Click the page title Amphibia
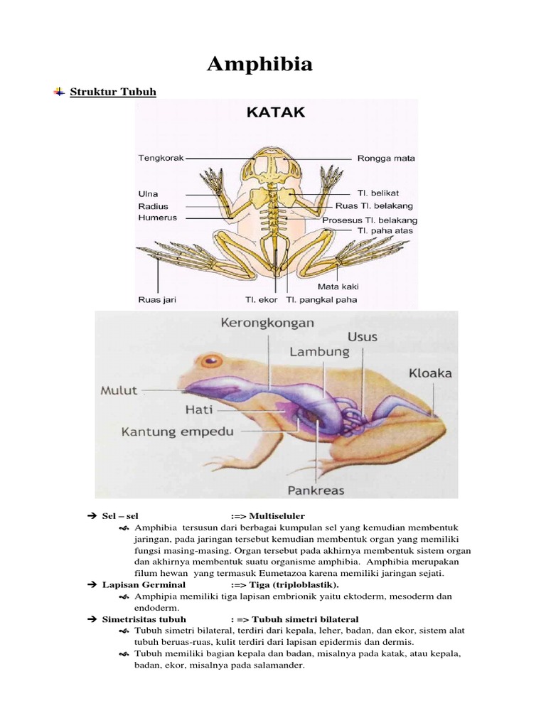259,65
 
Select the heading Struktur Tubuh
113,92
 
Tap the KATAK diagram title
275,112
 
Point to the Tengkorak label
160,159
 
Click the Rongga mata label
386,159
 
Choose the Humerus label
158,218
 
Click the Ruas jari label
156,299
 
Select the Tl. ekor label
262,299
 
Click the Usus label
363,336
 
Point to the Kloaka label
430,373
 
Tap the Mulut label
119,390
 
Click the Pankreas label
316,490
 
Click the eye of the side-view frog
210,360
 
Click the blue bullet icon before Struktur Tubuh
59,92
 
